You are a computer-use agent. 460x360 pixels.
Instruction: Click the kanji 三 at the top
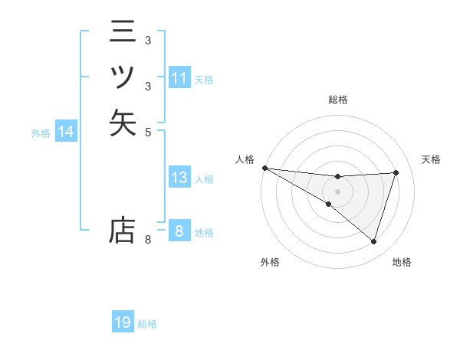coord(123,32)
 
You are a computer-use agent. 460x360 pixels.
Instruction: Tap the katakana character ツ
coord(123,77)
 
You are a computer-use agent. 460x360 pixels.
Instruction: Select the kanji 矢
coord(123,123)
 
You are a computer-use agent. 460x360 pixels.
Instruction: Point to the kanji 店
coord(123,230)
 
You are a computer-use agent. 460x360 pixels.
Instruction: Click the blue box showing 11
coord(179,78)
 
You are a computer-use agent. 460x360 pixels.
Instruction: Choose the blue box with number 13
coord(179,178)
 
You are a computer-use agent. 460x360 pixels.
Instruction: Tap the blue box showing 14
coord(66,133)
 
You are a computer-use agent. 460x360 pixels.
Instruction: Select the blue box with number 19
coord(123,323)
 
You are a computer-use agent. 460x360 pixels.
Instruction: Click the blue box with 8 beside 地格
coord(179,231)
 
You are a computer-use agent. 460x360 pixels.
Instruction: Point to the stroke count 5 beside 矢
coord(148,131)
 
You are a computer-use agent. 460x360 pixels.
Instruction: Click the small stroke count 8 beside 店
coord(148,241)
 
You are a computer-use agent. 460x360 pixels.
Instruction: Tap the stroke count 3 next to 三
coord(148,41)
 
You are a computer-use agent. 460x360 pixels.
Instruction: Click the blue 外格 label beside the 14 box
coord(41,133)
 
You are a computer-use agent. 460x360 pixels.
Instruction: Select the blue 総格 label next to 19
coord(147,324)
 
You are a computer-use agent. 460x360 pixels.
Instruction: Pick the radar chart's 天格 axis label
coord(432,159)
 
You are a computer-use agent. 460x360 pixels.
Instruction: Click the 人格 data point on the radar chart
coord(264,168)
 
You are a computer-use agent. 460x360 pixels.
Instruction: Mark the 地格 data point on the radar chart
coord(374,241)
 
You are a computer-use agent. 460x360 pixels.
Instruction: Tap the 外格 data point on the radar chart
coord(328,204)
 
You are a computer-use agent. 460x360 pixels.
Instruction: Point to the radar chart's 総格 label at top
coord(338,100)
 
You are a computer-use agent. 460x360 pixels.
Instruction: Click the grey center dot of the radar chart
coord(338,191)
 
